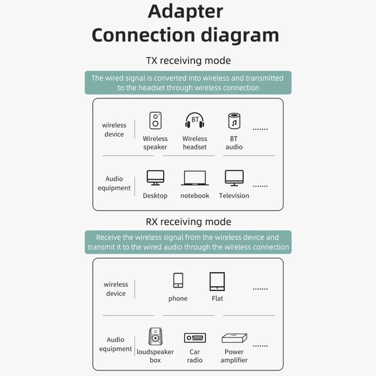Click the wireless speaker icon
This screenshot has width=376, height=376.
pyautogui.click(x=155, y=121)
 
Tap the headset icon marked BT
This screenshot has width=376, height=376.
pyautogui.click(x=195, y=120)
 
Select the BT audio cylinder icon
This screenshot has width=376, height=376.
pyautogui.click(x=234, y=121)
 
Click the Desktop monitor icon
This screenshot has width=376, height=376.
pyautogui.click(x=155, y=177)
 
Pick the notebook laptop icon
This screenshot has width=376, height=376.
pyautogui.click(x=195, y=178)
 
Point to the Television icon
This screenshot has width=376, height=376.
pyautogui.click(x=234, y=178)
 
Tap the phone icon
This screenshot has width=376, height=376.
pyautogui.click(x=178, y=280)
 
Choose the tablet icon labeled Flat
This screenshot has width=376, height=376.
pyautogui.click(x=217, y=281)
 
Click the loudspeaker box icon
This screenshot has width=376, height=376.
pyautogui.click(x=155, y=336)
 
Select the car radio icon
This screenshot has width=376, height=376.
pyautogui.click(x=195, y=338)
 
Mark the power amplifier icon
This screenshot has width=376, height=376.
pyautogui.click(x=234, y=338)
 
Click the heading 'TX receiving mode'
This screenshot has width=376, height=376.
pyautogui.click(x=188, y=61)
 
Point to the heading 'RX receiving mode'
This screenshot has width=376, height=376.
pyautogui.click(x=189, y=222)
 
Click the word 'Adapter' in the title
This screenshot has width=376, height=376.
pyautogui.click(x=185, y=11)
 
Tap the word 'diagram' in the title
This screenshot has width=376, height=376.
pyautogui.click(x=240, y=35)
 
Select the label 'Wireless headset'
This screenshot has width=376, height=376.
pyautogui.click(x=195, y=143)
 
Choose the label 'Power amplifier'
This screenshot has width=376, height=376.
pyautogui.click(x=234, y=356)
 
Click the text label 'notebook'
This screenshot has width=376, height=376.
pyautogui.click(x=195, y=196)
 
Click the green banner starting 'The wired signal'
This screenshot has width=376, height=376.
pyautogui.click(x=188, y=83)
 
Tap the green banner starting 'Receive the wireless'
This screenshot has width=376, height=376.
pyautogui.click(x=188, y=242)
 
